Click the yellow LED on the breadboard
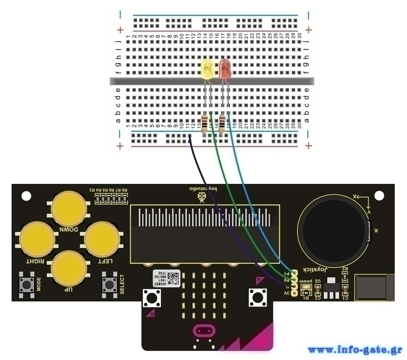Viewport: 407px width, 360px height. point(208,69)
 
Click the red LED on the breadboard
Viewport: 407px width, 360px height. point(225,70)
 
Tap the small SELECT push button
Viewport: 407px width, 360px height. point(108,284)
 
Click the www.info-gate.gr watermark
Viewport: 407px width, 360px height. point(355,350)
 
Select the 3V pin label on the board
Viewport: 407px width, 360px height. point(286,293)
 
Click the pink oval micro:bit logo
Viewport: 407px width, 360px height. point(202,332)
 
